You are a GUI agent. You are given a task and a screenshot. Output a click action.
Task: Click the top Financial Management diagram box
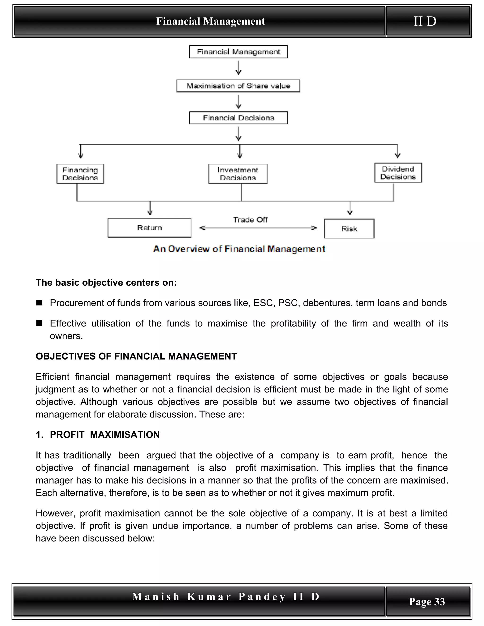pyautogui.click(x=238, y=52)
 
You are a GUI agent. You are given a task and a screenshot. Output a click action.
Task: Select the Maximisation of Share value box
pyautogui.click(x=238, y=86)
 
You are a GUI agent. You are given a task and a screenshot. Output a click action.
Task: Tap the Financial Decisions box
pyautogui.click(x=238, y=118)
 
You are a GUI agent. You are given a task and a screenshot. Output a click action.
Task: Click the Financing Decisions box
pyautogui.click(x=80, y=174)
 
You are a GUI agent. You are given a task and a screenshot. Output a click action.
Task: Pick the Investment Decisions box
pyautogui.click(x=238, y=174)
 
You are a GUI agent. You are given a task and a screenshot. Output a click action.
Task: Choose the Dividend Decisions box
pyautogui.click(x=398, y=173)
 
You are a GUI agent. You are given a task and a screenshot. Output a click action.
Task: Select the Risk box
pyautogui.click(x=349, y=229)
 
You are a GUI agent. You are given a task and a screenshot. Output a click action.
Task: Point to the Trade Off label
pyautogui.click(x=250, y=220)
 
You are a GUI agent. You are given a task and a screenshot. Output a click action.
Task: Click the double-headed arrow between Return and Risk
pyautogui.click(x=258, y=228)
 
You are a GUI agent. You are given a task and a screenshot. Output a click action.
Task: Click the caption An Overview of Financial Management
pyautogui.click(x=239, y=249)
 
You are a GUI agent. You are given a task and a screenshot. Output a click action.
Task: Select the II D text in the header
pyautogui.click(x=425, y=21)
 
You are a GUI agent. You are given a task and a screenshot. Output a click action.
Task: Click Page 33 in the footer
pyautogui.click(x=427, y=601)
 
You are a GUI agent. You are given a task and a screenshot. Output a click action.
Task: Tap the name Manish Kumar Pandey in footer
pyautogui.click(x=208, y=596)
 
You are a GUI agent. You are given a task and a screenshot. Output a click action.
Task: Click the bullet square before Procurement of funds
pyautogui.click(x=39, y=303)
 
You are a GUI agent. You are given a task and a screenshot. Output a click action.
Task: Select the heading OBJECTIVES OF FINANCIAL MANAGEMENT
pyautogui.click(x=136, y=356)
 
